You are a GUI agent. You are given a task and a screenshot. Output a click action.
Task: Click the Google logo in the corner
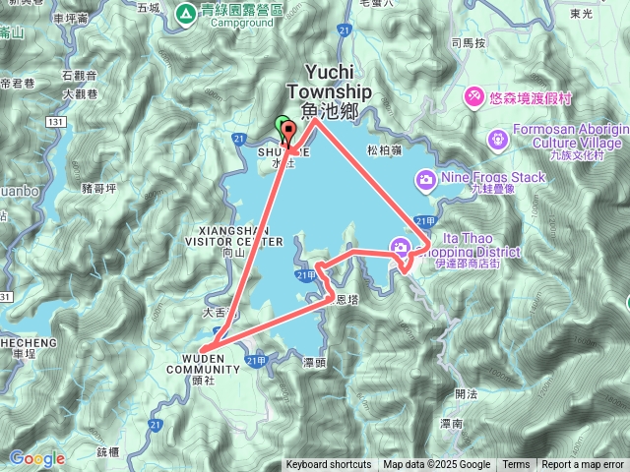(x=37, y=458)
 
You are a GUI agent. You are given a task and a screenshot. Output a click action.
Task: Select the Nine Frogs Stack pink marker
(x=425, y=178)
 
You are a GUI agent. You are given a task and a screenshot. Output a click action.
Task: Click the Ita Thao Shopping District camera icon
(x=401, y=245)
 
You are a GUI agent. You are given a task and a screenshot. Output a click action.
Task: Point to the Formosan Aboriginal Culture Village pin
(x=498, y=138)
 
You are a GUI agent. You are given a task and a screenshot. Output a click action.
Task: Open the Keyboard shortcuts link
(x=329, y=465)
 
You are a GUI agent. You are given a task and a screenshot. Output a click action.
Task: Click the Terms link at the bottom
(x=516, y=465)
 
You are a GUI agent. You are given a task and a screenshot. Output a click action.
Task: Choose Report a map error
(x=584, y=465)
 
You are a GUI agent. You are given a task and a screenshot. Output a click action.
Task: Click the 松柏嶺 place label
(x=383, y=150)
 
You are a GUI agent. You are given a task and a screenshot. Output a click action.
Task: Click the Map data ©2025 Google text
(x=437, y=465)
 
